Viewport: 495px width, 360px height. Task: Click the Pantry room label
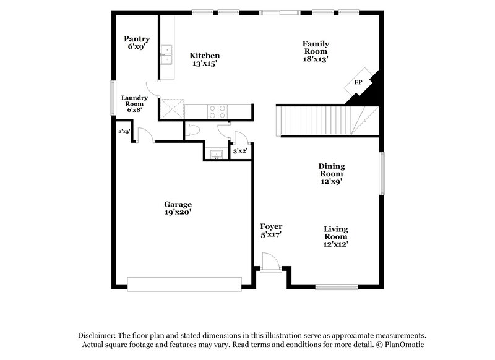(136, 43)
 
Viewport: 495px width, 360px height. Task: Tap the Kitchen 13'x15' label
(205, 59)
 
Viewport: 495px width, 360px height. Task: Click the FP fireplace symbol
(358, 82)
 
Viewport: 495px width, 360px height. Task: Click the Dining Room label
(331, 174)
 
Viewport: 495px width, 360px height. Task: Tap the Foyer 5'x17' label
(271, 231)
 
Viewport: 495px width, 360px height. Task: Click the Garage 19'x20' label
(178, 208)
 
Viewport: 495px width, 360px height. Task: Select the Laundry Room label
(134, 103)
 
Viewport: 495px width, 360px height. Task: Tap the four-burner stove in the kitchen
(217, 111)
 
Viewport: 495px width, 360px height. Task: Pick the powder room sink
(216, 154)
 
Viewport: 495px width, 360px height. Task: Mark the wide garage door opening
(184, 283)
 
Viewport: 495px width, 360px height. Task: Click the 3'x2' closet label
(239, 151)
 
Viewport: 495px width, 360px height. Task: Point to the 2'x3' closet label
(124, 131)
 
